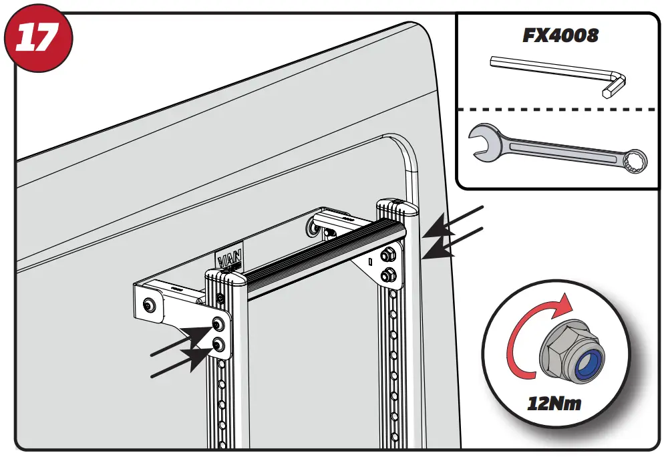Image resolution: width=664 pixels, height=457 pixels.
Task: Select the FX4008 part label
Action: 560,35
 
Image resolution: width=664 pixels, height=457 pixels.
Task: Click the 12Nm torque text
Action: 554,404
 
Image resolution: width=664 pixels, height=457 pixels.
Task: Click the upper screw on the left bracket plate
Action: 218,324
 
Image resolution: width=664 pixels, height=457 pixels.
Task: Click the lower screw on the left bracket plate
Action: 218,344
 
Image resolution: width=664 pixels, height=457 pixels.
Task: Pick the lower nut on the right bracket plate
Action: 385,275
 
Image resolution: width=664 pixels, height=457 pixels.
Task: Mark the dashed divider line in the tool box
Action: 557,109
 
